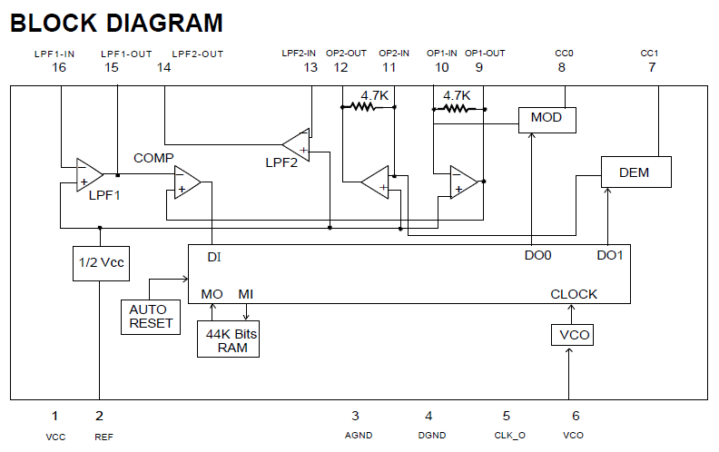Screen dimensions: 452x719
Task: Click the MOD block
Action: [x=547, y=119]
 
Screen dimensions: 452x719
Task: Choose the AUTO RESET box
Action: [x=150, y=316]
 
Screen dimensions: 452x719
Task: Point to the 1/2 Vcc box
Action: [x=97, y=263]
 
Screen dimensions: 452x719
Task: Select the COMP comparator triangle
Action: [x=186, y=182]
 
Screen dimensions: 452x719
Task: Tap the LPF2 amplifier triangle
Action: [x=297, y=144]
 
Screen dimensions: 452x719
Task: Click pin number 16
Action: [x=59, y=68]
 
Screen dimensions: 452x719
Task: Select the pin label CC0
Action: [x=564, y=54]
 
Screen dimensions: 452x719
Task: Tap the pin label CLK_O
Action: [x=508, y=436]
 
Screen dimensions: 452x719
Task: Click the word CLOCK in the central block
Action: [x=574, y=294]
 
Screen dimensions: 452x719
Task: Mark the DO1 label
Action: [x=610, y=256]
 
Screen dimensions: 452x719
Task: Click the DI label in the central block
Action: [x=213, y=257]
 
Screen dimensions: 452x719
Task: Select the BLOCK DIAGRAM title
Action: [x=116, y=22]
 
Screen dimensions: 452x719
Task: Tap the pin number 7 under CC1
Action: [x=651, y=68]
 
